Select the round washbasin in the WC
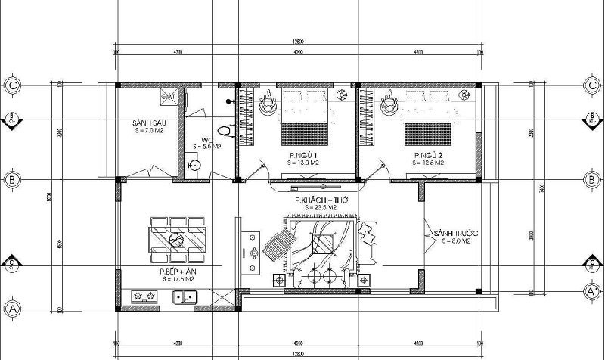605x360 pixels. [194, 164]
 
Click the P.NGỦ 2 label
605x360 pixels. [427, 155]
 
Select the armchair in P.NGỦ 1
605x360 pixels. [268, 105]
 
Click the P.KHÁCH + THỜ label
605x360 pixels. [318, 200]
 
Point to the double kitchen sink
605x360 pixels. [185, 296]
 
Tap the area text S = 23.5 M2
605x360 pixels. [318, 207]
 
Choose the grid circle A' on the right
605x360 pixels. [591, 290]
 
